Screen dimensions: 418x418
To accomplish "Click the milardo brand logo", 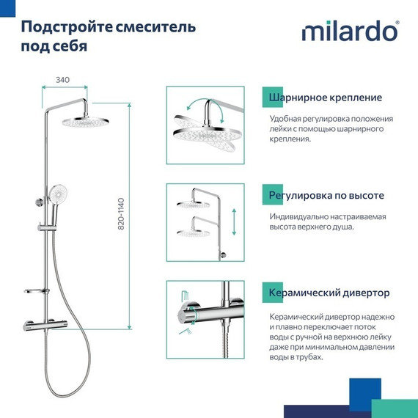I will (x=350, y=32).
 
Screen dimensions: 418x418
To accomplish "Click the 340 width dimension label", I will (x=63, y=79).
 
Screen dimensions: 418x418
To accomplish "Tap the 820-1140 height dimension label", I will (x=122, y=213).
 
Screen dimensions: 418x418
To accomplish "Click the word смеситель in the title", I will (x=160, y=28).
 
